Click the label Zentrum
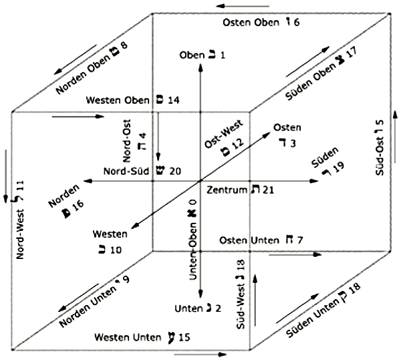(225, 191)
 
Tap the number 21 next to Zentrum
(269, 191)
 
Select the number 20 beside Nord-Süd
(174, 171)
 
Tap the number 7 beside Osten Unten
(300, 239)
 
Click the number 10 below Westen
(115, 250)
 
